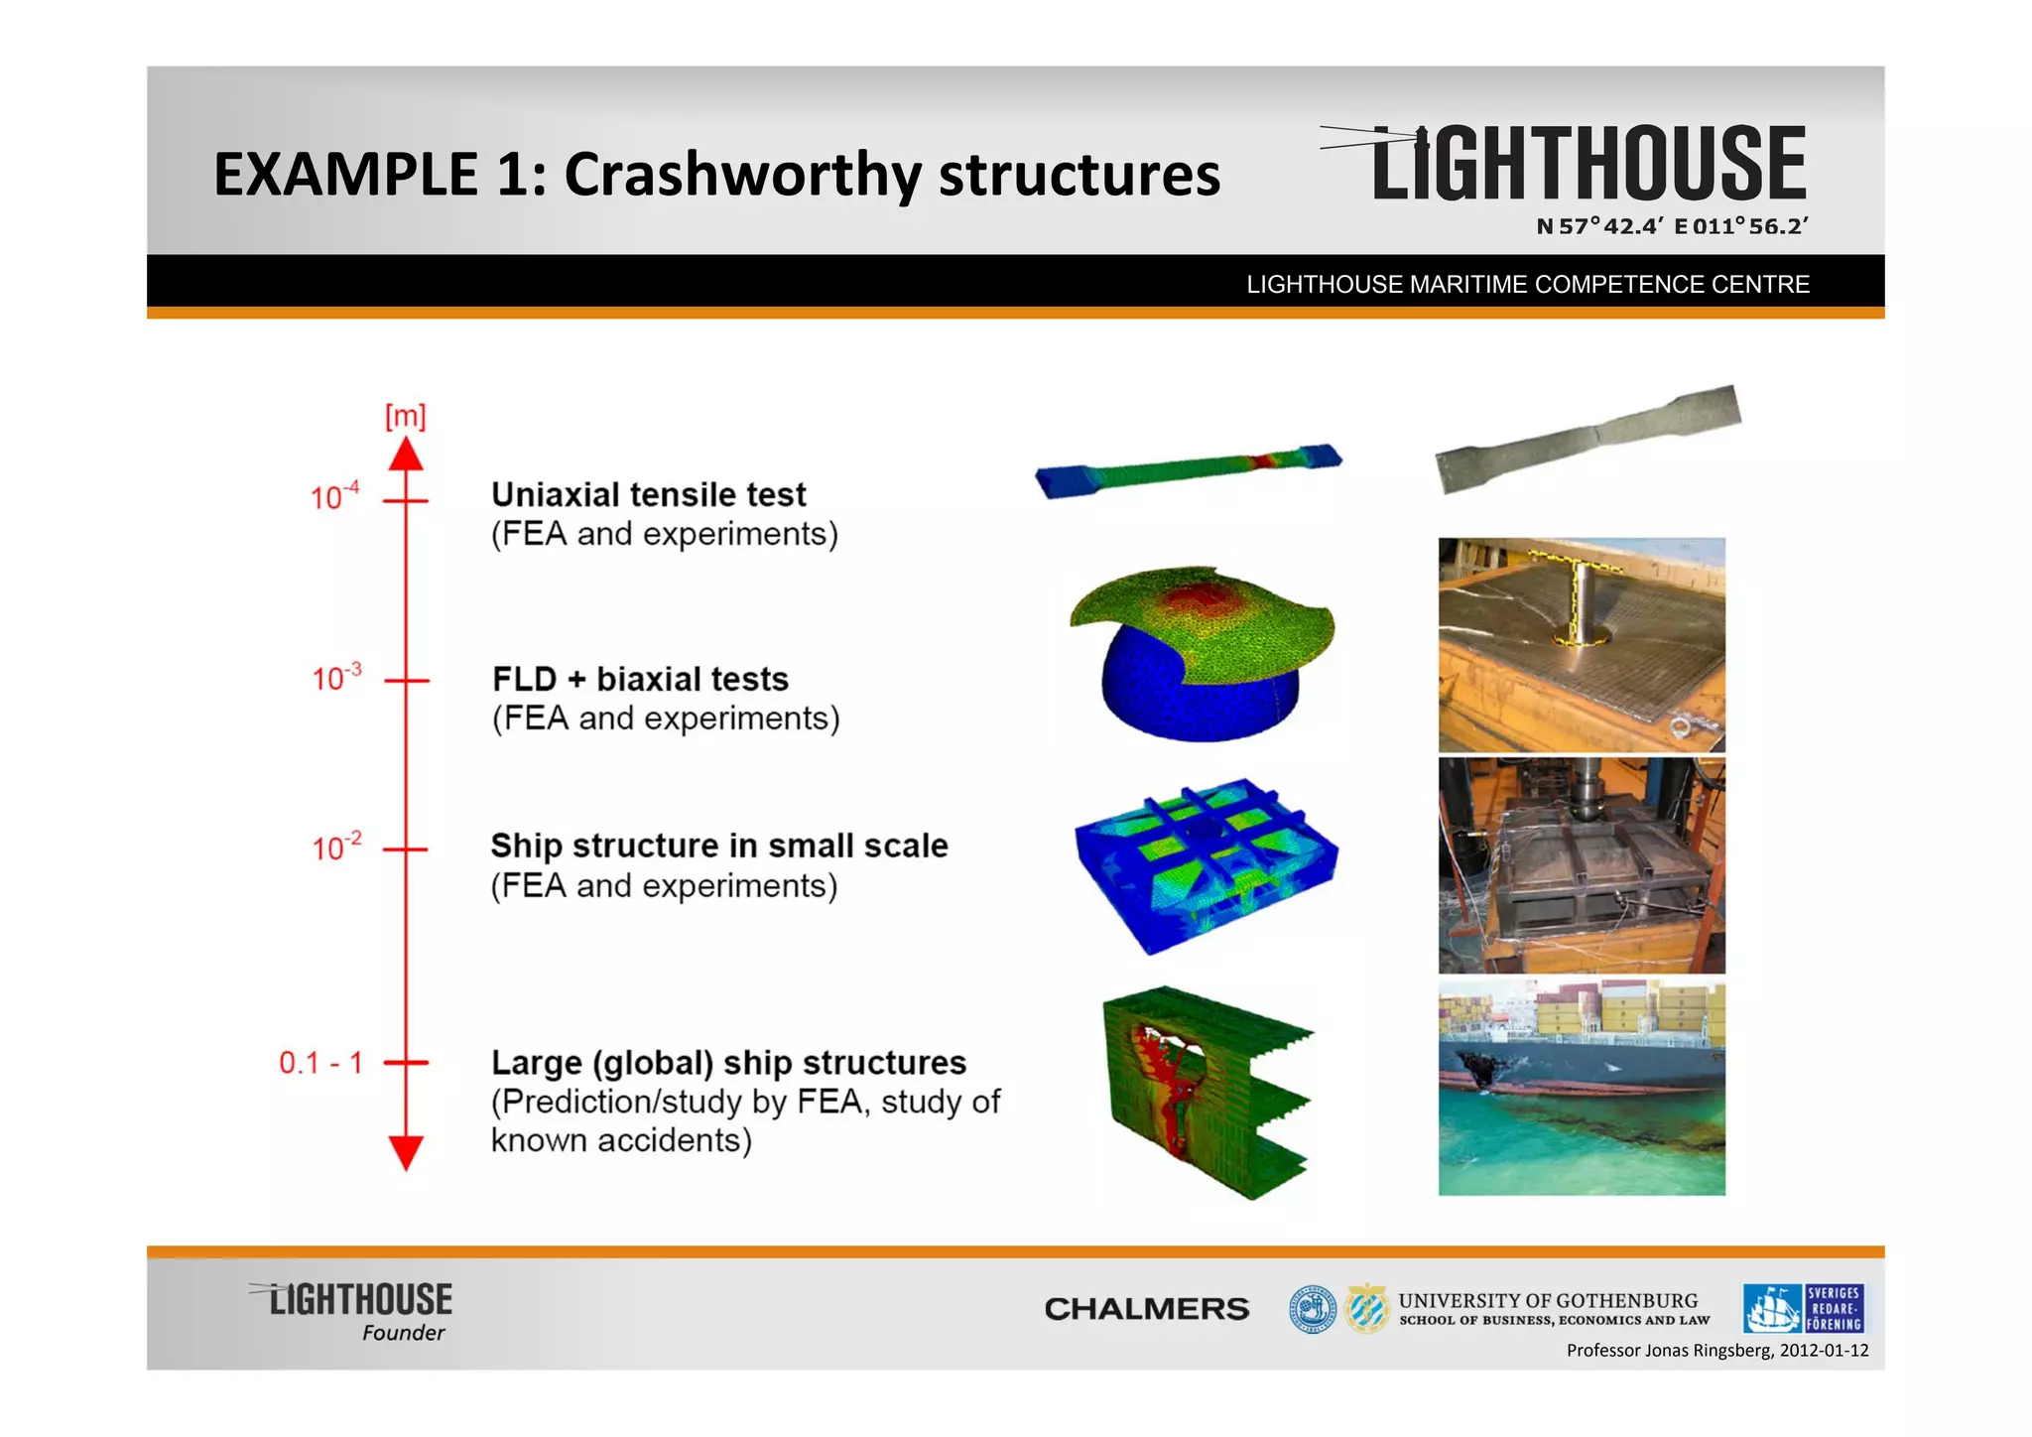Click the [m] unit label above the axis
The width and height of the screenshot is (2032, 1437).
point(405,416)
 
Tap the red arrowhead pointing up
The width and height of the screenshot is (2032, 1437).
point(406,456)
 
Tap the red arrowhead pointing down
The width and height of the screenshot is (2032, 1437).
point(406,1152)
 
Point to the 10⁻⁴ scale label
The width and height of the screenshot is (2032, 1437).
point(334,495)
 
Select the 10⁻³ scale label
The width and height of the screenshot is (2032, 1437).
point(336,678)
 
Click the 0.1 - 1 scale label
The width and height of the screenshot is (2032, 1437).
point(320,1063)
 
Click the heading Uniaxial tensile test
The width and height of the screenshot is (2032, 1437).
point(649,494)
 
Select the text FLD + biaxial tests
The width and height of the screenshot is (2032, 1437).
point(640,679)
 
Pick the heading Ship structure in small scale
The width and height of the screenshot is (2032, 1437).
point(719,846)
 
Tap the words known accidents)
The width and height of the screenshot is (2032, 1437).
point(621,1140)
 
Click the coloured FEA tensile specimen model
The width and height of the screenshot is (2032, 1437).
point(1188,470)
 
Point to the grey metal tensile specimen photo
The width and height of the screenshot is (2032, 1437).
point(1587,438)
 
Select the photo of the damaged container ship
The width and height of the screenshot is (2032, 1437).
point(1582,1089)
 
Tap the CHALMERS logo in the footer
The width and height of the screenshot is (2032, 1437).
point(1146,1309)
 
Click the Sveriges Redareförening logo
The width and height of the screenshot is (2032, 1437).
point(1803,1308)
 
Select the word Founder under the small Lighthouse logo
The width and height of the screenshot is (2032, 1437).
point(403,1333)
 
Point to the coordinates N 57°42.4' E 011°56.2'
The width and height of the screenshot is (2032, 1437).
point(1672,226)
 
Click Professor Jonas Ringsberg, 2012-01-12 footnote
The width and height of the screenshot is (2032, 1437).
point(1716,1351)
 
